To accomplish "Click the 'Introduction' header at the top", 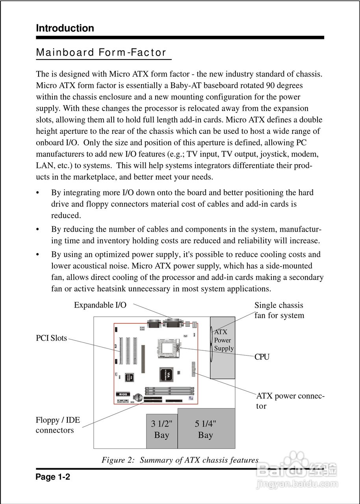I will pos(65,28).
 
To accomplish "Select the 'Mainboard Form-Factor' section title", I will pos(101,53).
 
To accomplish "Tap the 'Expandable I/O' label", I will pos(100,305).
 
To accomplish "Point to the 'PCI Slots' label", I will pos(51,338).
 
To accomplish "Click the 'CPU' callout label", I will pos(262,357).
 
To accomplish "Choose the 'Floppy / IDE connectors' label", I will pos(58,425).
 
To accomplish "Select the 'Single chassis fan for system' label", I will pos(279,310).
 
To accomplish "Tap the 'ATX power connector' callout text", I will pos(290,401).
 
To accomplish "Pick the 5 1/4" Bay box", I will pos(206,429).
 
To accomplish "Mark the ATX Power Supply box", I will pos(223,346).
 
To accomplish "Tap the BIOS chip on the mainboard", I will pos(122,394).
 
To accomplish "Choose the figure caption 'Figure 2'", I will pos(180,460).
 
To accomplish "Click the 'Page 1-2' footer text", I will pos(53,477).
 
